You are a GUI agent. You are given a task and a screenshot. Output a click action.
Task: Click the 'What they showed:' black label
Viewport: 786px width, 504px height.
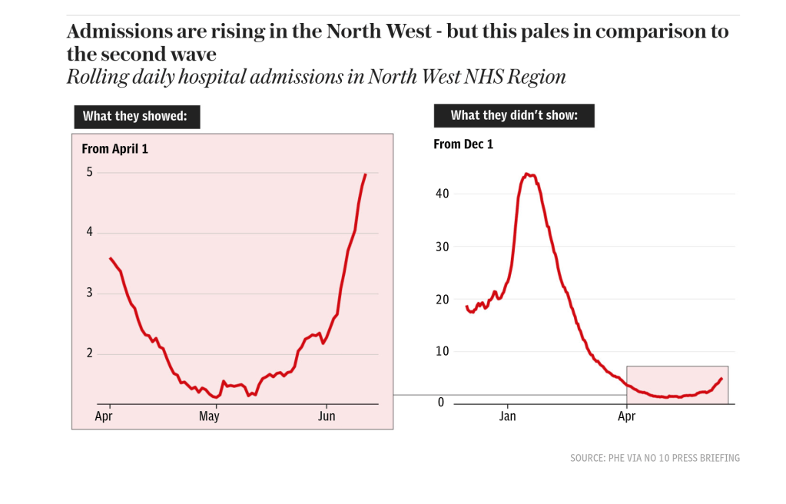coord(137,117)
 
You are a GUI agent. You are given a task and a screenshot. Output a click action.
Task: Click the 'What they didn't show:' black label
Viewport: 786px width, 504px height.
coord(513,115)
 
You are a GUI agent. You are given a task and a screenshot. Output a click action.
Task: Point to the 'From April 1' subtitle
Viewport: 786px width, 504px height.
coord(114,149)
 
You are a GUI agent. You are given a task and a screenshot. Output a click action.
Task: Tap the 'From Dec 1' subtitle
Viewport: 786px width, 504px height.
coord(463,144)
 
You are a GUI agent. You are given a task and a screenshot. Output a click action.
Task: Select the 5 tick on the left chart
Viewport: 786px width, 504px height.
coord(89,172)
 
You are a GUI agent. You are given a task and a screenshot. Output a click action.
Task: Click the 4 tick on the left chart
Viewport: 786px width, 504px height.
coord(89,232)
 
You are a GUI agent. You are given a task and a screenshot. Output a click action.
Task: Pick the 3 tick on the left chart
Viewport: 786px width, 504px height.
coord(89,293)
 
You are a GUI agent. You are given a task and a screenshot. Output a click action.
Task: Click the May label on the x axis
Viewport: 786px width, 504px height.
coord(209,417)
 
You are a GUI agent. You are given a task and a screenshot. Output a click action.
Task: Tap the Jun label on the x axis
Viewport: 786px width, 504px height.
coord(327,417)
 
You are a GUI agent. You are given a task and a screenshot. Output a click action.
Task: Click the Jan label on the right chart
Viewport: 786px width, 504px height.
coord(507,417)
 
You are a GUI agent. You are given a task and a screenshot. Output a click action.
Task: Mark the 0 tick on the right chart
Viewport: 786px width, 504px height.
coord(441,403)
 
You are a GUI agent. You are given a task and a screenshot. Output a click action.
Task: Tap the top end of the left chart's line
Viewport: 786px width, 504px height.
coord(365,174)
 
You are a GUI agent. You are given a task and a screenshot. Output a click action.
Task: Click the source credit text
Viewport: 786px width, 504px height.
coord(655,458)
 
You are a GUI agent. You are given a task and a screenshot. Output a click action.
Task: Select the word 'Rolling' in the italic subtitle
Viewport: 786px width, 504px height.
coord(95,78)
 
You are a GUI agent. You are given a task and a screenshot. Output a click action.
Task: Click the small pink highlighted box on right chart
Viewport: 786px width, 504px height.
coord(677,384)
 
